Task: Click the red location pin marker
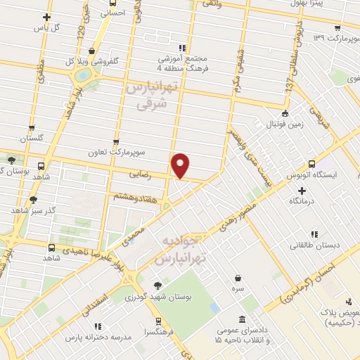pyautogui.click(x=181, y=165)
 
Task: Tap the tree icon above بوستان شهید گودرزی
pyautogui.click(x=156, y=285)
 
